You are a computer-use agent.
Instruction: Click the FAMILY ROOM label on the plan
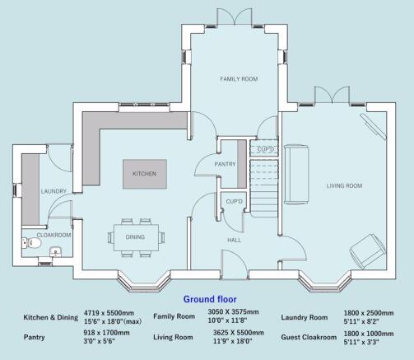[238, 78]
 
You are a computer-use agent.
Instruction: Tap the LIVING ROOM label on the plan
[343, 186]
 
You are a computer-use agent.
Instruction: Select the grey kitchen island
[145, 175]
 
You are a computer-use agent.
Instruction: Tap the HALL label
[234, 240]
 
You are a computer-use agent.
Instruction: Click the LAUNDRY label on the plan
[53, 192]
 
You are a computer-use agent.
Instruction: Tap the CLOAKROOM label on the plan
[54, 235]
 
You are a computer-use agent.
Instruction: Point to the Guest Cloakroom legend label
[309, 337]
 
